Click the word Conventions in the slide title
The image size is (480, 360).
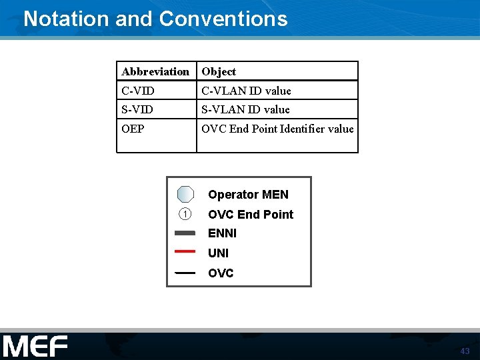pyautogui.click(x=223, y=18)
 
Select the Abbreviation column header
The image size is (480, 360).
pyautogui.click(x=155, y=71)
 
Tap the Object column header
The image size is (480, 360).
pyautogui.click(x=219, y=71)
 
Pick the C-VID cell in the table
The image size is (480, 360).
pyautogui.click(x=137, y=91)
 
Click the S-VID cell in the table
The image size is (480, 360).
pyautogui.click(x=137, y=109)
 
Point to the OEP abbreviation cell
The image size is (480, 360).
pyautogui.click(x=133, y=129)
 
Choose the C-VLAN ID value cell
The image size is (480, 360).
pyautogui.click(x=246, y=91)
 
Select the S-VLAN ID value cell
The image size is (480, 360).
pyautogui.click(x=245, y=109)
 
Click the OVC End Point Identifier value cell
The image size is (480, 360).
pyautogui.click(x=277, y=129)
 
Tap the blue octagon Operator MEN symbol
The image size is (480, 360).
pyautogui.click(x=185, y=194)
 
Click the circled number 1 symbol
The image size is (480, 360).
pyautogui.click(x=185, y=214)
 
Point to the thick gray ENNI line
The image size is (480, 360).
pyautogui.click(x=185, y=233)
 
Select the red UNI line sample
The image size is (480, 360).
pyautogui.click(x=185, y=251)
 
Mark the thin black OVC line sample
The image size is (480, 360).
pyautogui.click(x=185, y=273)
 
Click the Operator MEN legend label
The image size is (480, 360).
pyautogui.click(x=248, y=195)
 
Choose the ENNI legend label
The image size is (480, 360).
pyautogui.click(x=222, y=233)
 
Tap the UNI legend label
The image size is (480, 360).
pyautogui.click(x=218, y=253)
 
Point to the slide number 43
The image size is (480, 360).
pyautogui.click(x=465, y=351)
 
